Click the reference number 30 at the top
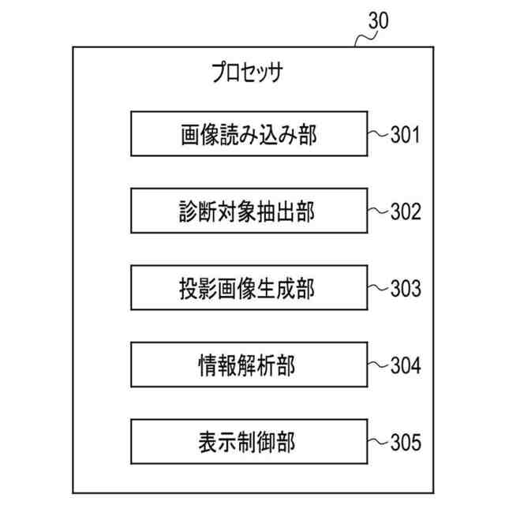click(378, 21)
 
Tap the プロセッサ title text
click(246, 75)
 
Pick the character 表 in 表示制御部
click(210, 442)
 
